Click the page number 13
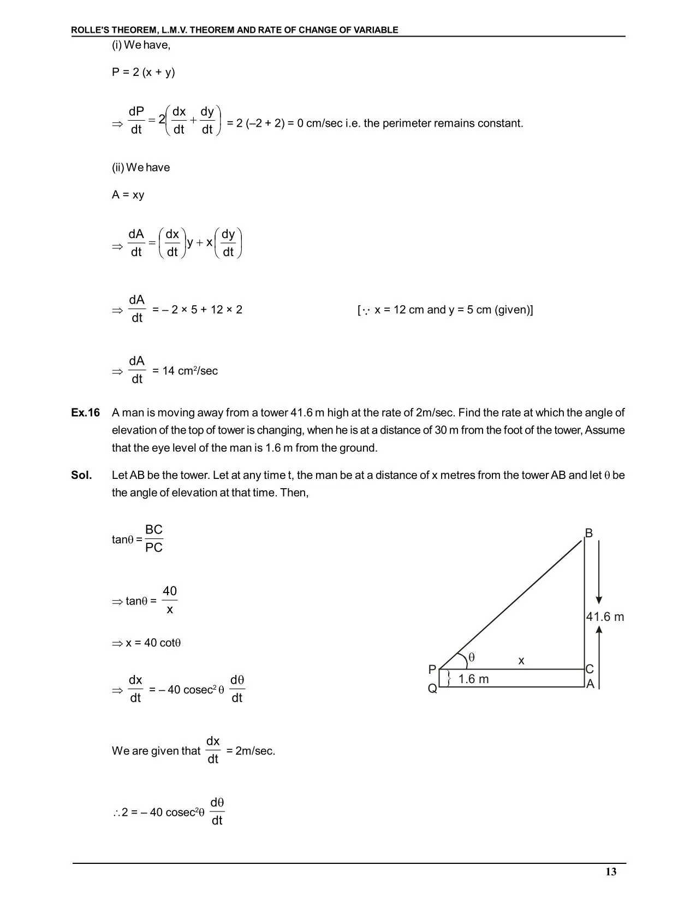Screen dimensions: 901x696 tap(611, 872)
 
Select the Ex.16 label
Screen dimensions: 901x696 tap(86, 413)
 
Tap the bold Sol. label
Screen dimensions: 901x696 tap(82, 475)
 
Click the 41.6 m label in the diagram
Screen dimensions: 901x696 tap(605, 617)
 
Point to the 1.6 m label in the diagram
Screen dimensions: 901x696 tap(473, 679)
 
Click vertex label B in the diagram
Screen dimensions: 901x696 tap(588, 533)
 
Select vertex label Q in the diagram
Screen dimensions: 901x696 tap(432, 689)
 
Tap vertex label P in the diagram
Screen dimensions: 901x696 tap(432, 669)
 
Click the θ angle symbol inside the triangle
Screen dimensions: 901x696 tap(472, 657)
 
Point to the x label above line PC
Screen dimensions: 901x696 tap(521, 661)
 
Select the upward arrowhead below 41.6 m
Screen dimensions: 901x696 tap(599, 630)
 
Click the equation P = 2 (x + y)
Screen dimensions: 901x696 tap(144, 72)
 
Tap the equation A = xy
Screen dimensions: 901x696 tap(128, 195)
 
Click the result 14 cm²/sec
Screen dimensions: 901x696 tap(191, 371)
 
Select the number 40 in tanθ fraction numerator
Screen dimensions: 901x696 tap(170, 591)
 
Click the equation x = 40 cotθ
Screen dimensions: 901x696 tap(153, 643)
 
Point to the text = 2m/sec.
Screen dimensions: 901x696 tap(251, 751)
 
